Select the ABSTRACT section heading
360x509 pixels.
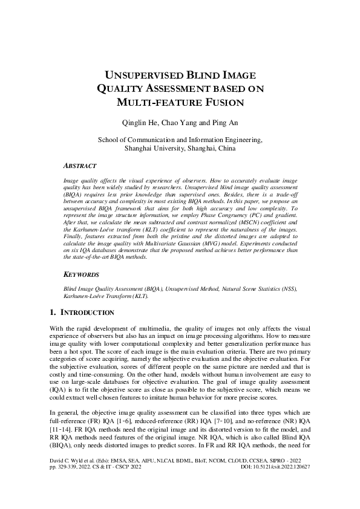(79, 165)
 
